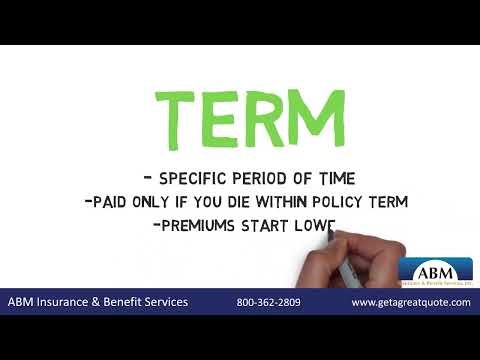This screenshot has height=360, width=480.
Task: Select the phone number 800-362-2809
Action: coord(269,302)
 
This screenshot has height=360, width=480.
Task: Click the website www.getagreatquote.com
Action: coord(410,302)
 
